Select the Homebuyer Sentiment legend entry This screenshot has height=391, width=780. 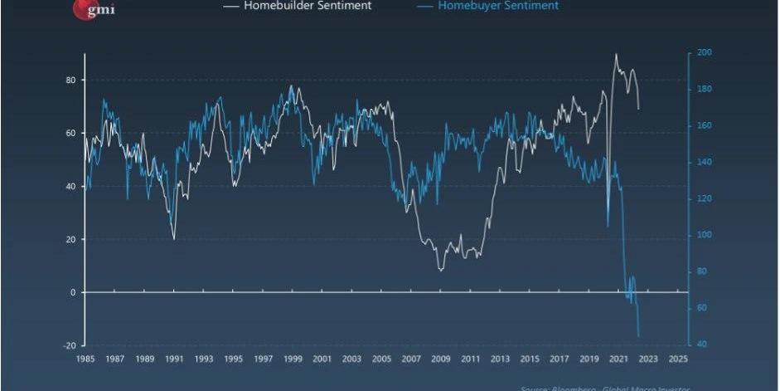tap(498, 6)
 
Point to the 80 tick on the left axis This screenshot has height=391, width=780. tap(71, 80)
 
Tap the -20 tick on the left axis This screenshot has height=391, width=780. tap(70, 345)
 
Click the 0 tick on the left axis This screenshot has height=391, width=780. tap(74, 292)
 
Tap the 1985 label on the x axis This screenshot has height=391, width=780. tap(85, 359)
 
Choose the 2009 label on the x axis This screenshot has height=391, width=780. tap(440, 359)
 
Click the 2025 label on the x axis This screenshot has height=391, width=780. tap(677, 359)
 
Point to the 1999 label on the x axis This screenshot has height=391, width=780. tap(293, 359)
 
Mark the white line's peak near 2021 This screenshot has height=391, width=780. tap(616, 55)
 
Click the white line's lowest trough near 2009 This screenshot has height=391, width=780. tap(441, 270)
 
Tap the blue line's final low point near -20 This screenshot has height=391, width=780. tap(638, 336)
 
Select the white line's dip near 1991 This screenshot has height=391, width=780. tap(174, 239)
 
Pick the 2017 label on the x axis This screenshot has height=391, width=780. tap(559, 359)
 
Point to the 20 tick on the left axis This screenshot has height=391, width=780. tap(71, 239)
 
